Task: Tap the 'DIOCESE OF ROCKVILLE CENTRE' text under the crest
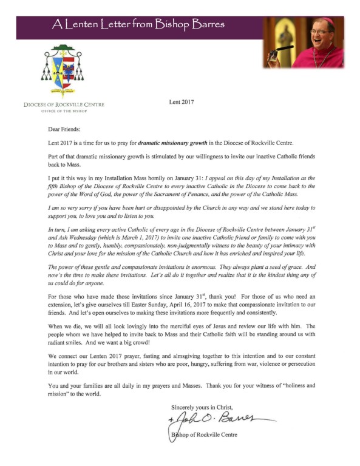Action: point(64,104)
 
